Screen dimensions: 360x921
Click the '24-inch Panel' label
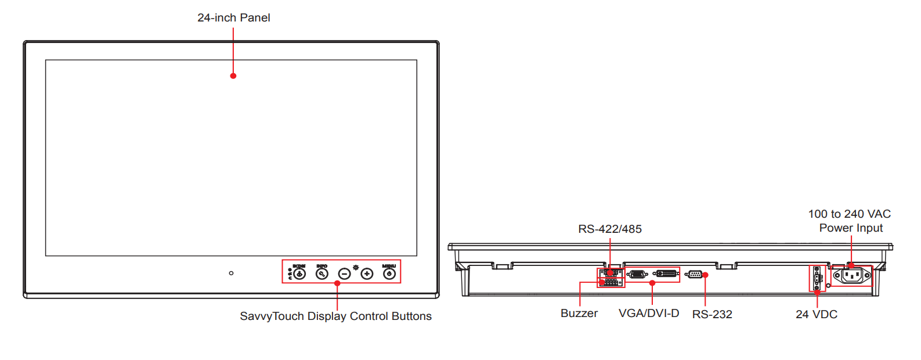(233, 18)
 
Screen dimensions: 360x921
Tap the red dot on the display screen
(233, 76)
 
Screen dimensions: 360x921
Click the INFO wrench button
(322, 273)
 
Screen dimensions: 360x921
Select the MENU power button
(389, 273)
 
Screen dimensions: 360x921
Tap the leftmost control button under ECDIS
(299, 273)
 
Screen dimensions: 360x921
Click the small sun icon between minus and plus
(356, 268)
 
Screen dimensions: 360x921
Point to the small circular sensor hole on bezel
(231, 273)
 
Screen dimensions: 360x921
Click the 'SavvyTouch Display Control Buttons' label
(335, 316)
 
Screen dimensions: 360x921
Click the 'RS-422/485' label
(610, 229)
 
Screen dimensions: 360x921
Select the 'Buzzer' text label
(579, 314)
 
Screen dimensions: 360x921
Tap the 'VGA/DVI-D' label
(649, 314)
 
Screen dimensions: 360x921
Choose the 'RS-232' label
(712, 315)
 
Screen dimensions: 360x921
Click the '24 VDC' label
(817, 315)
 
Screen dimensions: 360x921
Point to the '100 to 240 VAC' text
(850, 214)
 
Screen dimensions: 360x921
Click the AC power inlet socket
(852, 276)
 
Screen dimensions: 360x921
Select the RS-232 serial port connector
(694, 275)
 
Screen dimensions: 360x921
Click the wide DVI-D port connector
(666, 273)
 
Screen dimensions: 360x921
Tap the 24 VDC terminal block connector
(817, 278)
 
